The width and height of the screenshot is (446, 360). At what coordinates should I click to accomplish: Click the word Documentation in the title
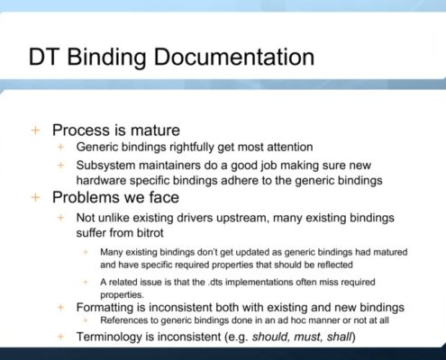(234, 57)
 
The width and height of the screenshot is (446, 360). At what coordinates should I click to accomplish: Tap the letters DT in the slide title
(43, 57)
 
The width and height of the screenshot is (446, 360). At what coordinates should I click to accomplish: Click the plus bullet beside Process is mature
(35, 130)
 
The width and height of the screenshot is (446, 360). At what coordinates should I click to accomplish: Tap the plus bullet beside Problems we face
(35, 197)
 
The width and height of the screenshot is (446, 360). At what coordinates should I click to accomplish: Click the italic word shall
(339, 337)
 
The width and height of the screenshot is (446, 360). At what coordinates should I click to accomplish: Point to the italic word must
(307, 337)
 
